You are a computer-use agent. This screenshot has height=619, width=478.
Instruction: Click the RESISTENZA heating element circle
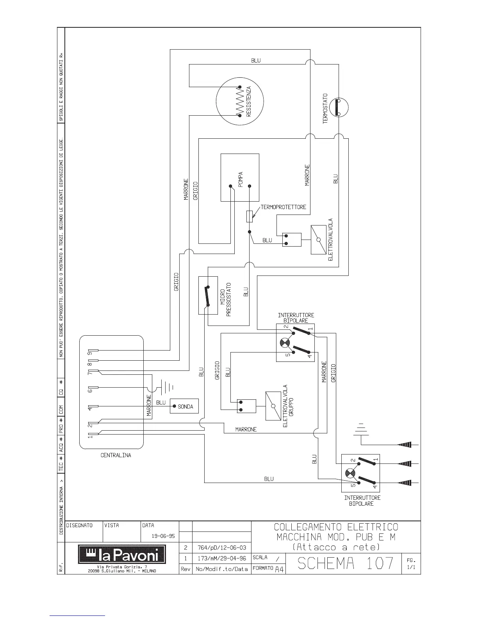pyautogui.click(x=216, y=101)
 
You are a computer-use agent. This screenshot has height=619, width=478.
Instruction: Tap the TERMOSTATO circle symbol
pyautogui.click(x=329, y=107)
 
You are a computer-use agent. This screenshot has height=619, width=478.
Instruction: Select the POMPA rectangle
pyautogui.click(x=221, y=177)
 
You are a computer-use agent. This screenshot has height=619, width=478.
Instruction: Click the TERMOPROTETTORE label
pyautogui.click(x=283, y=207)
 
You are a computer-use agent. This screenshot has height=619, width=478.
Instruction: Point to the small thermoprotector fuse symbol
pyautogui.click(x=250, y=216)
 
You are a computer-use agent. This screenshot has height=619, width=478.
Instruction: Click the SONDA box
pyautogui.click(x=184, y=406)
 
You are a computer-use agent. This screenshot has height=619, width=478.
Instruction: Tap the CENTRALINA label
pyautogui.click(x=116, y=455)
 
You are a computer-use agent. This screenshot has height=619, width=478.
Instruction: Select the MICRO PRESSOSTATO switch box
pyautogui.click(x=208, y=295)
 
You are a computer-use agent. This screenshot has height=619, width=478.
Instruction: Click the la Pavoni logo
pyautogui.click(x=122, y=555)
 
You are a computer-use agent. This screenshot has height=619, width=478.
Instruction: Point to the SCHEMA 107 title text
pyautogui.click(x=345, y=563)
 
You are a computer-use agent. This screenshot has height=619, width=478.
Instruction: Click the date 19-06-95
pyautogui.click(x=163, y=536)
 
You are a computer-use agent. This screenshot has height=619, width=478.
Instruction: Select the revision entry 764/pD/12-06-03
pyautogui.click(x=222, y=547)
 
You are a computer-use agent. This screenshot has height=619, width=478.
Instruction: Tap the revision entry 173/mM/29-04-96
pyautogui.click(x=222, y=558)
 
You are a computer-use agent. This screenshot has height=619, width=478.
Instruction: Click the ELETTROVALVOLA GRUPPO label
pyautogui.click(x=288, y=406)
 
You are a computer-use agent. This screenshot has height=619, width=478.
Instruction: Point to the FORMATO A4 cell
pyautogui.click(x=268, y=569)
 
